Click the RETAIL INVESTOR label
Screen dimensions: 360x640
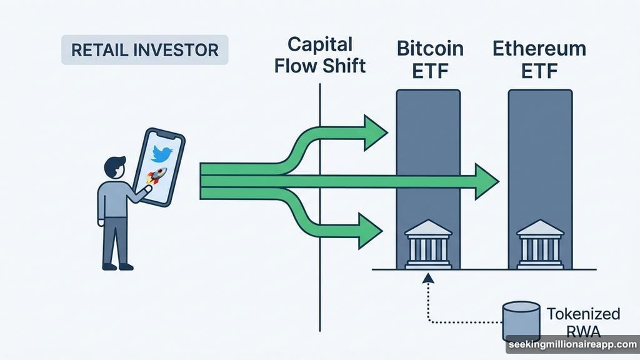tap(144, 50)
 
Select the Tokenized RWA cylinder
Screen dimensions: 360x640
tap(521, 321)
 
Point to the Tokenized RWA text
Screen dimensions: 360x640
tap(583, 322)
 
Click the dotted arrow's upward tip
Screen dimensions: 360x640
tap(428, 277)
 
